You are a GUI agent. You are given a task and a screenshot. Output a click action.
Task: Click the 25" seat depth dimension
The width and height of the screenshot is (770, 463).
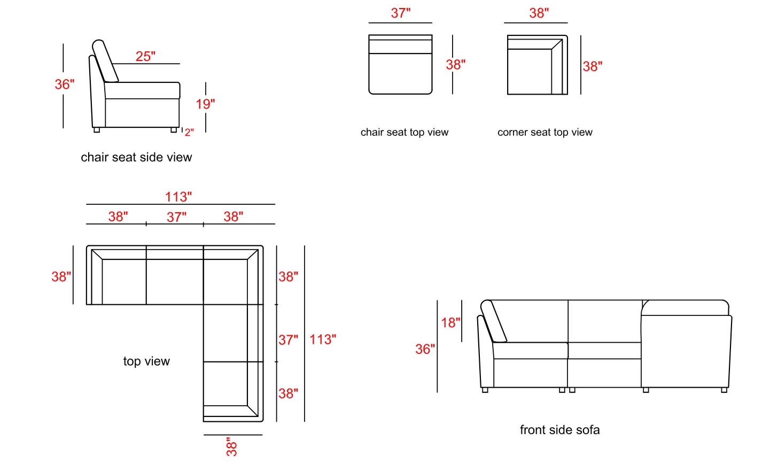click(145, 56)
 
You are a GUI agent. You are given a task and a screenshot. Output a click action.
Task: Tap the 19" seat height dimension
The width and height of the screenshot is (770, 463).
click(205, 104)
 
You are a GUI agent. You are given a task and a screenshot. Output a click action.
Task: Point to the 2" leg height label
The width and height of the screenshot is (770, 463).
click(189, 133)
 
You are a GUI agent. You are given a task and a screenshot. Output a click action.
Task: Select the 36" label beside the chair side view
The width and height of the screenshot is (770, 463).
click(65, 84)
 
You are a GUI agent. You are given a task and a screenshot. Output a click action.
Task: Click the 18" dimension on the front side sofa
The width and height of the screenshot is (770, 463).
click(450, 322)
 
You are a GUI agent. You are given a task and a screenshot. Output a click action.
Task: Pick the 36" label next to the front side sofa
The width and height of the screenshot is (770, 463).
click(425, 349)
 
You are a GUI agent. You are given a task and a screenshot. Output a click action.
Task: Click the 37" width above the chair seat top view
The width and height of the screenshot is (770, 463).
click(401, 13)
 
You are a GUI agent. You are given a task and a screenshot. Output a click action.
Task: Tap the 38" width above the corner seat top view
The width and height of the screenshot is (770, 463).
click(539, 13)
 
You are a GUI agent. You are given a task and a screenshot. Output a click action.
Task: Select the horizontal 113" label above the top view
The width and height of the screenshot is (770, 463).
click(178, 197)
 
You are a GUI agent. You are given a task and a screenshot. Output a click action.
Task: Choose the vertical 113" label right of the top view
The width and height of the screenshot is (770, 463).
click(323, 339)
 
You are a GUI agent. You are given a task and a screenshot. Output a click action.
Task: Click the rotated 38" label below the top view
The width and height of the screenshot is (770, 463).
click(231, 447)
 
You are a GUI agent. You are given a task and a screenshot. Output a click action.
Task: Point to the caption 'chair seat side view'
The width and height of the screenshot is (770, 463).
click(136, 157)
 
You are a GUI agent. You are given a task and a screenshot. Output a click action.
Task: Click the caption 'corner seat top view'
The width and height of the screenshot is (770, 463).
click(545, 132)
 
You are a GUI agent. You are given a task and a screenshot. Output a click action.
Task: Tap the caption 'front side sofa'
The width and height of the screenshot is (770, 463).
click(559, 430)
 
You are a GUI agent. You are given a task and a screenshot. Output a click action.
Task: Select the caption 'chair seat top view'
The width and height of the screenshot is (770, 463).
click(405, 132)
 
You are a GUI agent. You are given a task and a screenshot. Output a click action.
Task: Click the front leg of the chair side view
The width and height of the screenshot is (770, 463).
click(174, 130)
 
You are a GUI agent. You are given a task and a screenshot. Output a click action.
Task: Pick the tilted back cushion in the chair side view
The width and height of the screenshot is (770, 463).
click(105, 61)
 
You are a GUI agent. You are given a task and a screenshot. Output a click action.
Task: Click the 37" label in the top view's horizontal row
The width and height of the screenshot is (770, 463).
click(176, 217)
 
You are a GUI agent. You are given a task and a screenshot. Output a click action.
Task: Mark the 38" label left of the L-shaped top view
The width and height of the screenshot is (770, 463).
click(61, 276)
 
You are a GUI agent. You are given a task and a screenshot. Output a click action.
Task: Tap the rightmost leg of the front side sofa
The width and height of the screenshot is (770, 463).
click(724, 390)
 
